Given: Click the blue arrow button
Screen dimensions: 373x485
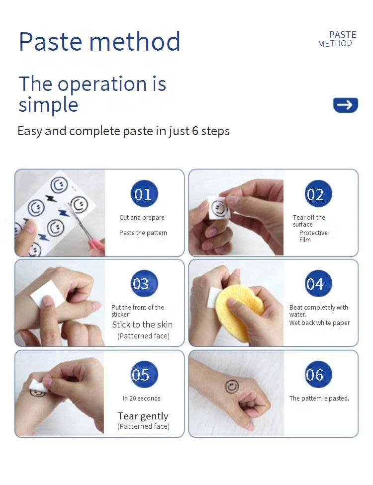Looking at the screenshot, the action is tap(346, 105).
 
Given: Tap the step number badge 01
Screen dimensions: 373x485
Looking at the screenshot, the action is tap(144, 194).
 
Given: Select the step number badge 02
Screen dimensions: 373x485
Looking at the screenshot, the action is tap(318, 194).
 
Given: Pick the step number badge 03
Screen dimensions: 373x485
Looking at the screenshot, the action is tap(144, 283).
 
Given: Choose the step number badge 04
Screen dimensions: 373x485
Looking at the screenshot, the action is tap(318, 283).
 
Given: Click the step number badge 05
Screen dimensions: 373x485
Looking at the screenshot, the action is tap(144, 374).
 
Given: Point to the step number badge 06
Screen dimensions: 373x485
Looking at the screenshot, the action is tap(318, 374).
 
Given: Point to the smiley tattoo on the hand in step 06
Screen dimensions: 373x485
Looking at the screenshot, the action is tap(232, 386).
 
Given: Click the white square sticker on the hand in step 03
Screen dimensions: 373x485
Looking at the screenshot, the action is tap(47, 294).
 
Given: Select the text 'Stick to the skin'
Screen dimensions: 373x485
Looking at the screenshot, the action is tap(142, 324).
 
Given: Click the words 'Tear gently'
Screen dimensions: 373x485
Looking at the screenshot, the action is tap(143, 416).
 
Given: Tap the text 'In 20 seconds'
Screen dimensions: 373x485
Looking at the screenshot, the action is tap(141, 398).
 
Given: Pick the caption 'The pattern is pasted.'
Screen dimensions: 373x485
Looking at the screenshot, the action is tap(319, 398).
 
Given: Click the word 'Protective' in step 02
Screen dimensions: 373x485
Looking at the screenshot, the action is tap(313, 233).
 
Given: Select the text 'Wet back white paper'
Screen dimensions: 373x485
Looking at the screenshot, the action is tap(319, 323).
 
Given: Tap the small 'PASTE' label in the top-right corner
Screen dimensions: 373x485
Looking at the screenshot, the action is tap(343, 35).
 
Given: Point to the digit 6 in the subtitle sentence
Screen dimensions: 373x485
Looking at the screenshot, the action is tap(195, 131).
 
